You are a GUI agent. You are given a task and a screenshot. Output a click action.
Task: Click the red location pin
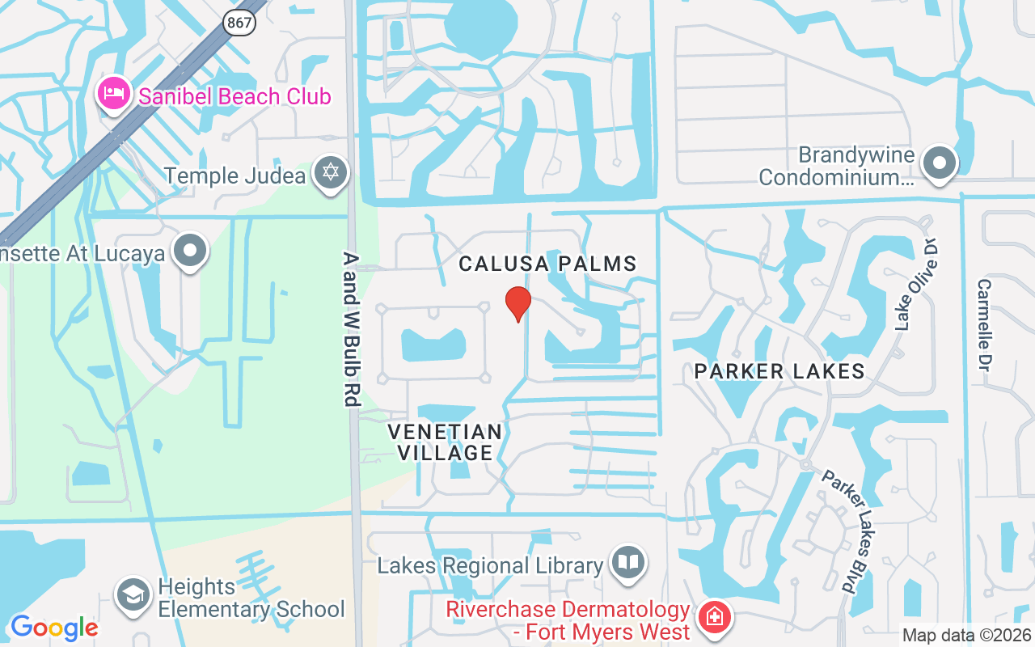[517, 303]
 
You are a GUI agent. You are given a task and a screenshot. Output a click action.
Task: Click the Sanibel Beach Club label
[234, 97]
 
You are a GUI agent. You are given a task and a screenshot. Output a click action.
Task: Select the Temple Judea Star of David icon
[330, 173]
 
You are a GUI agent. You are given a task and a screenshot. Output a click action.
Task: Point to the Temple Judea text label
[236, 175]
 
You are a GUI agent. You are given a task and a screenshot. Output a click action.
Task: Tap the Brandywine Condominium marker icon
[940, 163]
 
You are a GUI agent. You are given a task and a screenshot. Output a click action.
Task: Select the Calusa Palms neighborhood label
[547, 264]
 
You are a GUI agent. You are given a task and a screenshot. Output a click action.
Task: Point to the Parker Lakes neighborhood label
[779, 371]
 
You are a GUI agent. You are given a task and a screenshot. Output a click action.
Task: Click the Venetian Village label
[445, 442]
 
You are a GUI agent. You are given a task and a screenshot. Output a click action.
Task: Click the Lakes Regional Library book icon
[627, 563]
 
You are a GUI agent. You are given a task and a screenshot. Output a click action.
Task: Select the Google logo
[54, 628]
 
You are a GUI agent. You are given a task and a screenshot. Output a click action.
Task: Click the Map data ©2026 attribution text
[966, 636]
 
